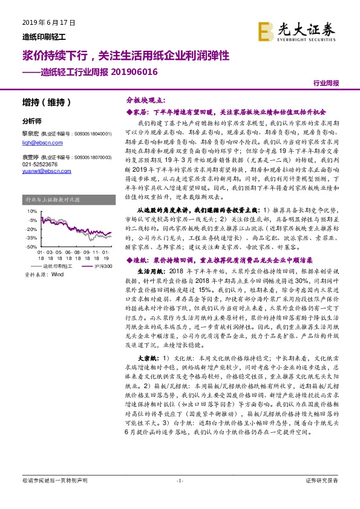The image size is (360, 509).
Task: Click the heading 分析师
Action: [31, 121]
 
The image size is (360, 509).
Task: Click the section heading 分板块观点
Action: [144, 100]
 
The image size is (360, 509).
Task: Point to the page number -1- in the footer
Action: [180, 498]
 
